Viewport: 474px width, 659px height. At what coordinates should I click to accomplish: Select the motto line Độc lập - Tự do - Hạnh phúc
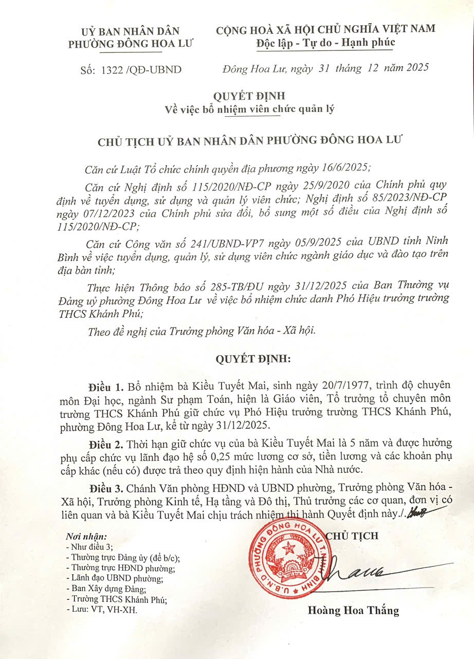(325, 42)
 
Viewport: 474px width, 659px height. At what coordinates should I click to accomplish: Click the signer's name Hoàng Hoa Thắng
(353, 611)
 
